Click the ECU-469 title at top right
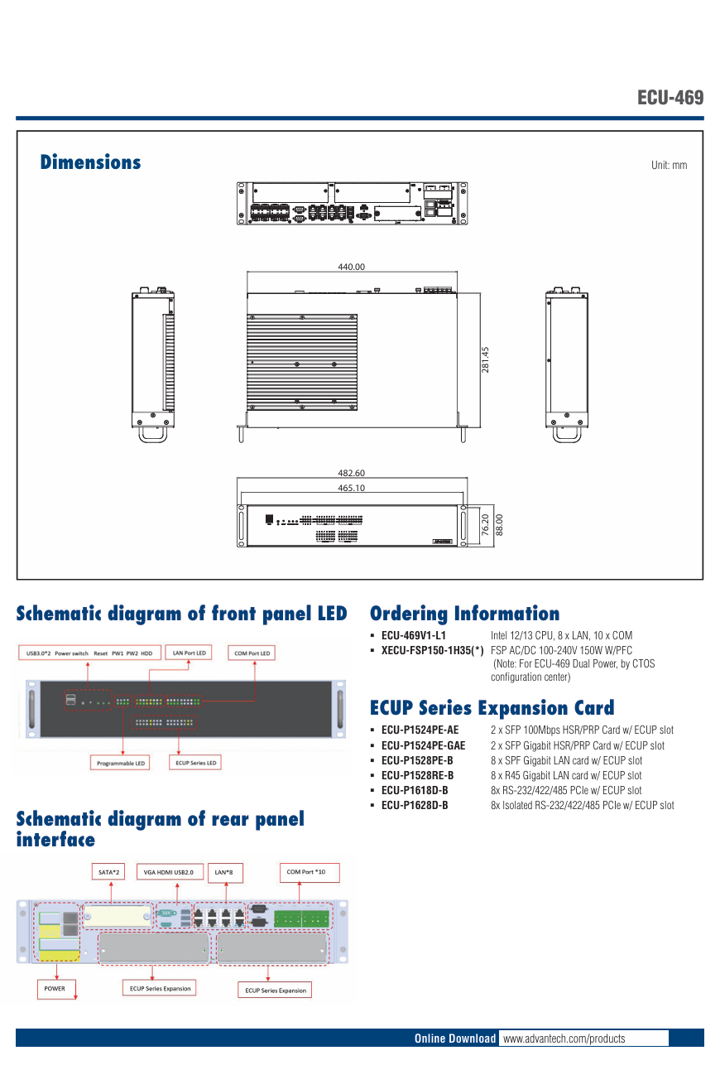click(x=670, y=98)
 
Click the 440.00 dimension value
click(x=351, y=267)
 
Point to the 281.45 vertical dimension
click(x=486, y=359)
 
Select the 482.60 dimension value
click(x=351, y=473)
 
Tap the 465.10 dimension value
click(x=351, y=488)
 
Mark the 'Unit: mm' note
click(x=669, y=165)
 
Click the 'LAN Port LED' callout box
click(x=189, y=653)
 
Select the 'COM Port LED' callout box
click(x=252, y=653)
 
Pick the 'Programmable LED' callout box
click(x=120, y=763)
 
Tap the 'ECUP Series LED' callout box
click(x=196, y=763)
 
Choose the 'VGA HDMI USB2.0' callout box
click(x=168, y=872)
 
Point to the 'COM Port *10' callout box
click(x=306, y=872)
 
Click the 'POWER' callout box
click(x=55, y=988)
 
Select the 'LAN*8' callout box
click(x=223, y=872)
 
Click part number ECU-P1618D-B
click(x=415, y=790)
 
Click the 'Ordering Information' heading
click(x=464, y=614)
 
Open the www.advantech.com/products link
click(x=564, y=1038)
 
